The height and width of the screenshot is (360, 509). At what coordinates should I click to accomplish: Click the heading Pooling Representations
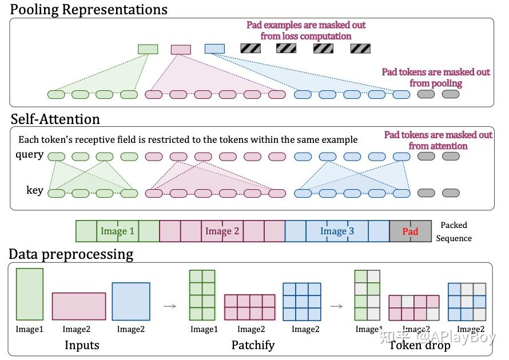pos(89,10)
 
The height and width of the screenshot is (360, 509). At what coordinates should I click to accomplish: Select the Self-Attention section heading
pos(55,119)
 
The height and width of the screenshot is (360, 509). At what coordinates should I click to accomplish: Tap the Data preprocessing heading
pos(71,254)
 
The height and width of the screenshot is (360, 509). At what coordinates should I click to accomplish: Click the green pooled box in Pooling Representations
pos(148,49)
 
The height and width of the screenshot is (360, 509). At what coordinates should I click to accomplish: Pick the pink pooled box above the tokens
pos(181,49)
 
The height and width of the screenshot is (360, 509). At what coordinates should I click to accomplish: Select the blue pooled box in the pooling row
pos(214,49)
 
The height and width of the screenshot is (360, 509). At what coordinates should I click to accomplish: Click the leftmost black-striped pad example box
pos(250,49)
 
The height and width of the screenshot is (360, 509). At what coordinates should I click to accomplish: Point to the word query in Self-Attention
pos(30,155)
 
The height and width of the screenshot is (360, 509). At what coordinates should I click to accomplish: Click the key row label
pos(34,190)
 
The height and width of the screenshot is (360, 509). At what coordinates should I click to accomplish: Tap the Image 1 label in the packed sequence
pos(117,231)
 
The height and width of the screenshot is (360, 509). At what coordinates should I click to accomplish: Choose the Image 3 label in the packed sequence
pos(337,231)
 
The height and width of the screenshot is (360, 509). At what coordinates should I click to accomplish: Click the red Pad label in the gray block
pos(410,231)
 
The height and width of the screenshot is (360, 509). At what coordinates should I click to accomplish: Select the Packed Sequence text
pos(454,231)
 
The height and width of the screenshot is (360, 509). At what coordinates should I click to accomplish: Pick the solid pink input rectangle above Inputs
pos(79,306)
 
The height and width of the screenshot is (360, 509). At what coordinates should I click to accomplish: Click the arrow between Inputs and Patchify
pos(170,306)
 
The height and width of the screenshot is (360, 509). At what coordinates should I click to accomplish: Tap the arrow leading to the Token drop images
pos(337,306)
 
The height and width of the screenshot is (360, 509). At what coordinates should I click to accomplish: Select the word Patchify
pos(253,345)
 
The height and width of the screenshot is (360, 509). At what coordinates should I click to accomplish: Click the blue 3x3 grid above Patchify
pos(302,302)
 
